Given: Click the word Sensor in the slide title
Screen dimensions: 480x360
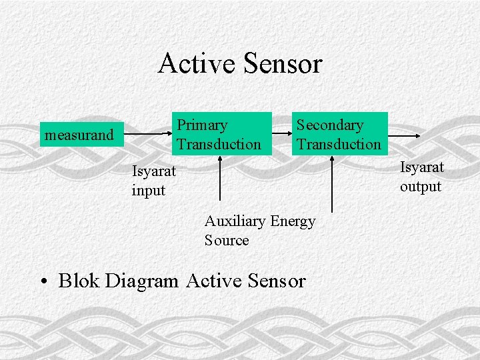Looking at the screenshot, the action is (x=283, y=64).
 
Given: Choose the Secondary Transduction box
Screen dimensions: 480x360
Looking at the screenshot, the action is (x=339, y=134).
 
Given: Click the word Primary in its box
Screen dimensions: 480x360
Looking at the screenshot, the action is (x=202, y=125).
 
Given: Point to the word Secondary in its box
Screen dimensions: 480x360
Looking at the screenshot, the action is (x=330, y=125).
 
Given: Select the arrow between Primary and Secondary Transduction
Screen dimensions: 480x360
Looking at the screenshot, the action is (x=281, y=134).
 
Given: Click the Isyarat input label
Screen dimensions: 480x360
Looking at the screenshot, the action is (x=153, y=181).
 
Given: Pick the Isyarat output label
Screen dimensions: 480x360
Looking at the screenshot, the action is (x=421, y=177).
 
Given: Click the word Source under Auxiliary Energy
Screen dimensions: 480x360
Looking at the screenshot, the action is (x=227, y=241).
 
